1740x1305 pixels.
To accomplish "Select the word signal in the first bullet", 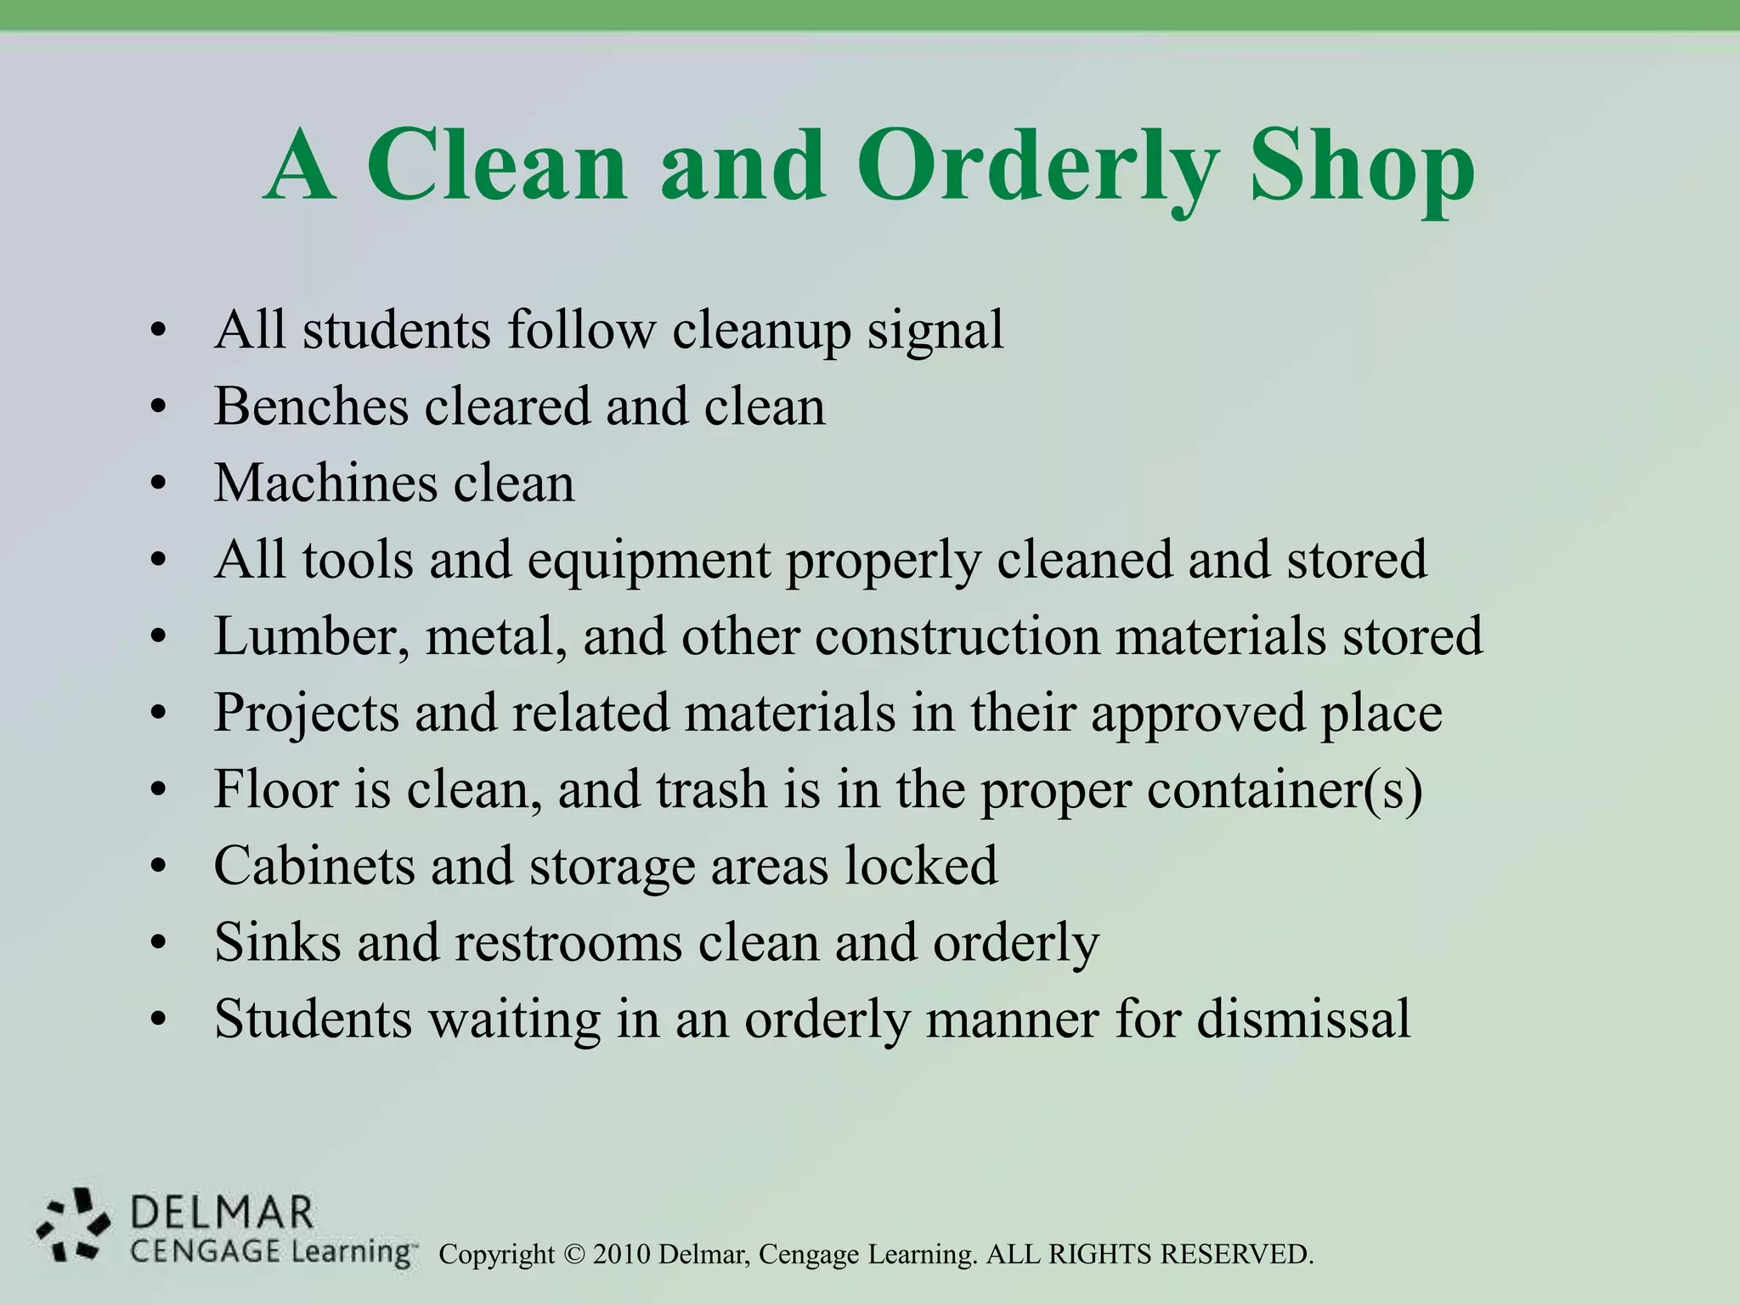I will [x=935, y=330].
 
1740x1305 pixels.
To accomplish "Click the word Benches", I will [x=311, y=406].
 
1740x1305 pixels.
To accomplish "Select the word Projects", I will [x=306, y=713].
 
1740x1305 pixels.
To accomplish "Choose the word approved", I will [x=1197, y=715].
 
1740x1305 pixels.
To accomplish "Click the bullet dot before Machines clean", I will [x=156, y=484].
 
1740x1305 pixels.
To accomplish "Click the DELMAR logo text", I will [x=223, y=1212].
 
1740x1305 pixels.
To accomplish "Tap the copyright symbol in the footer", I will [x=574, y=1254].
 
